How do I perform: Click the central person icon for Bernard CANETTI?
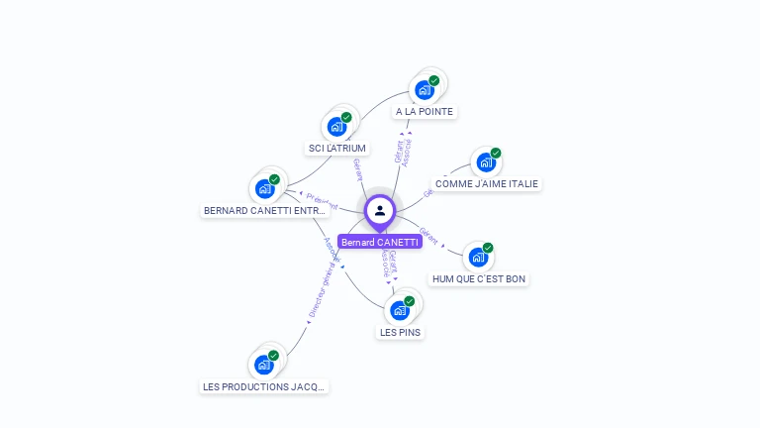pyautogui.click(x=380, y=210)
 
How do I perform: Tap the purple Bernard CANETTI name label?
pyautogui.click(x=380, y=242)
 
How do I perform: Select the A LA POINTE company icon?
pyautogui.click(x=425, y=90)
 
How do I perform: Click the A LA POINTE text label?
pyautogui.click(x=425, y=112)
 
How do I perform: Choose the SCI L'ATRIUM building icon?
pyautogui.click(x=337, y=127)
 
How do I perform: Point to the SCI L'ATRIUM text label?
pyautogui.click(x=337, y=149)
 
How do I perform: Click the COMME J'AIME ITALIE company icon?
pyautogui.click(x=486, y=162)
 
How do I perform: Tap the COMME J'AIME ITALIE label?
pyautogui.click(x=487, y=184)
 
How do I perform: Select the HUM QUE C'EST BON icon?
pyautogui.click(x=478, y=258)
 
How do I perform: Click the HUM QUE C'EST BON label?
pyautogui.click(x=479, y=279)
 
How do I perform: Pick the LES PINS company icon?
pyautogui.click(x=400, y=310)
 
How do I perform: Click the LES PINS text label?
pyautogui.click(x=401, y=333)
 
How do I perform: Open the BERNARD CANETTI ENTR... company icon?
pyautogui.click(x=264, y=189)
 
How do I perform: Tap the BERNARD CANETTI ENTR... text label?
pyautogui.click(x=264, y=211)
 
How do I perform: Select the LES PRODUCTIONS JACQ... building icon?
pyautogui.click(x=264, y=365)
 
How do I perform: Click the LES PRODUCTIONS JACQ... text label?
pyautogui.click(x=264, y=387)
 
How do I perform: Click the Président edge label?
pyautogui.click(x=322, y=202)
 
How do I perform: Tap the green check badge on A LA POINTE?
pyautogui.click(x=434, y=81)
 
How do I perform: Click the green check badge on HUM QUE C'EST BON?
pyautogui.click(x=488, y=248)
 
